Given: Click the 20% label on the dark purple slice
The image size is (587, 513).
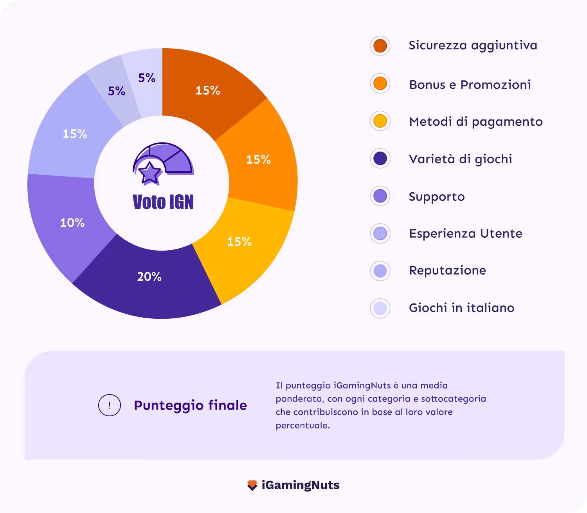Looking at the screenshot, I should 149,277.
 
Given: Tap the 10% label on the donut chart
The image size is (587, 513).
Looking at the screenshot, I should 72,223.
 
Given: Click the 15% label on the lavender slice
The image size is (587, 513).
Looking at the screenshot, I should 75,134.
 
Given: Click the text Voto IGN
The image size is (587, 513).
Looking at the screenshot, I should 163,202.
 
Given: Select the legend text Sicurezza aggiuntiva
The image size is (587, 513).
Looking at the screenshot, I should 473,45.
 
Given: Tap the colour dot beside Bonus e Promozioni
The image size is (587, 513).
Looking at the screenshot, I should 380,83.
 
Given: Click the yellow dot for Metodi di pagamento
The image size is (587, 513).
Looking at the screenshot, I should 380,121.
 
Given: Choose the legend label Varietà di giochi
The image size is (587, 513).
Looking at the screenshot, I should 460,159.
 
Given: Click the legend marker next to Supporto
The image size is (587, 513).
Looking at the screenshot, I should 380,196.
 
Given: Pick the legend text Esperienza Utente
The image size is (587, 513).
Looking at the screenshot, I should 465,233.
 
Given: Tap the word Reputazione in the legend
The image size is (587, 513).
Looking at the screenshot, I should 447,270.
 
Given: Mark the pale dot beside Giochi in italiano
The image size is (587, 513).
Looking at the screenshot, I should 380,308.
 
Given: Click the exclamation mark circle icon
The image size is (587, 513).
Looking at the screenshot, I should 109,405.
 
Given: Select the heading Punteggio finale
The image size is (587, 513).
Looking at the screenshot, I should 190,405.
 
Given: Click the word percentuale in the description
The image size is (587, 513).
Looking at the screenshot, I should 302,426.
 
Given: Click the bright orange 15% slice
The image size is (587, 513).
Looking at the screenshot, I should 266,157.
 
